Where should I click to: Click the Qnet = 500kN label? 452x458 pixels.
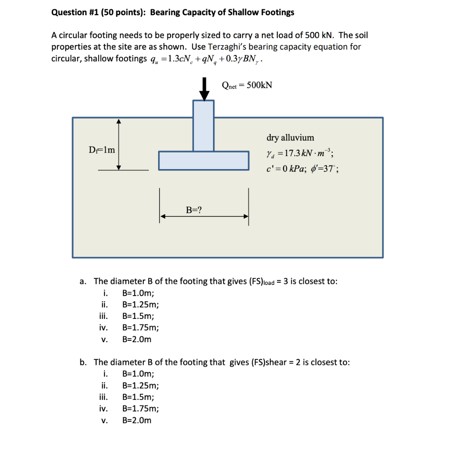pos(247,85)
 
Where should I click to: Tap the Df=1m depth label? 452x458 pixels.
pos(101,150)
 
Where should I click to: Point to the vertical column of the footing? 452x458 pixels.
pos(203,125)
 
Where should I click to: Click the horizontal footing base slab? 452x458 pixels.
pos(204,161)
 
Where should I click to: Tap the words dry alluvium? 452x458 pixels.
pos(290,138)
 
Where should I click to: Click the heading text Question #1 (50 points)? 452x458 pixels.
pos(99,12)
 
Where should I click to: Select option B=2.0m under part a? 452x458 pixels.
pos(137,339)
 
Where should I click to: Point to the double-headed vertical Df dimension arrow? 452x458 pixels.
pos(119,144)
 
